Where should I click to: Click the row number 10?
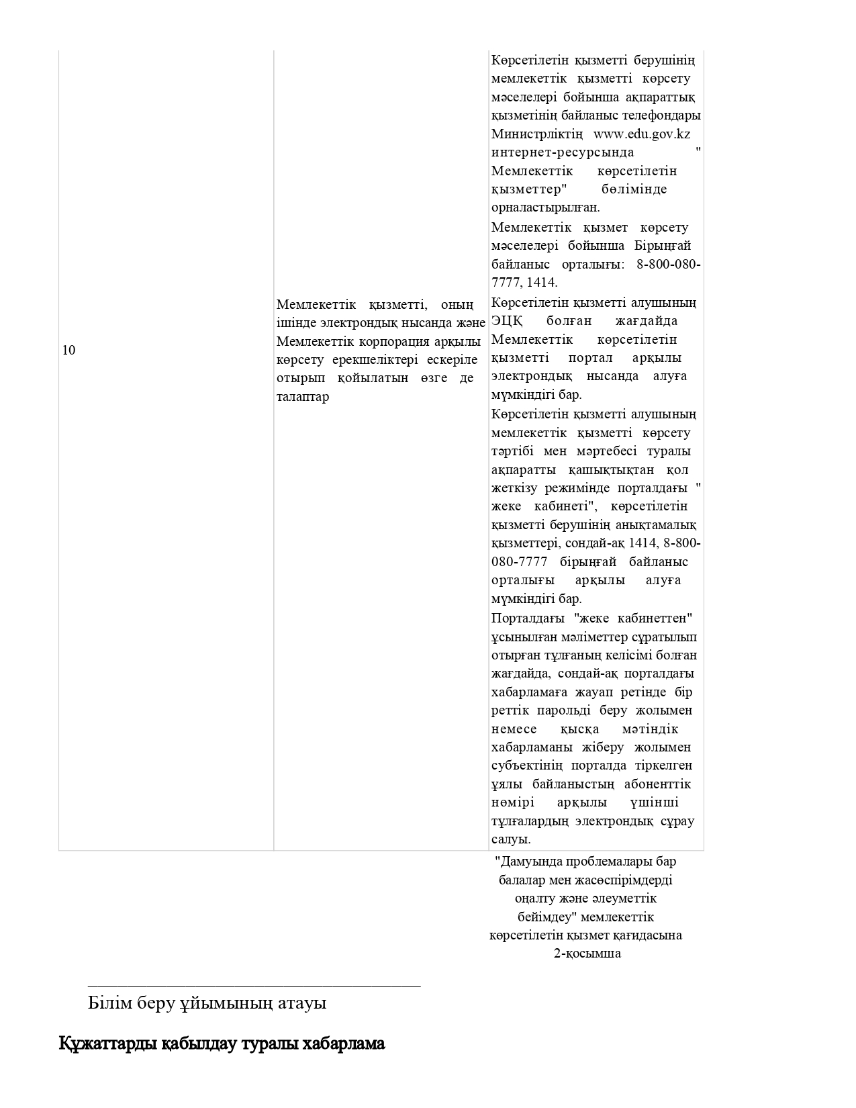(x=68, y=350)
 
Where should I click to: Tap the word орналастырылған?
(x=546, y=207)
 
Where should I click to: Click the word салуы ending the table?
(x=511, y=839)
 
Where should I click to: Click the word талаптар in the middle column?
(x=303, y=397)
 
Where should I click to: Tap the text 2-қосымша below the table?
(x=587, y=954)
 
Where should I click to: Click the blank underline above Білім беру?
(x=254, y=986)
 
